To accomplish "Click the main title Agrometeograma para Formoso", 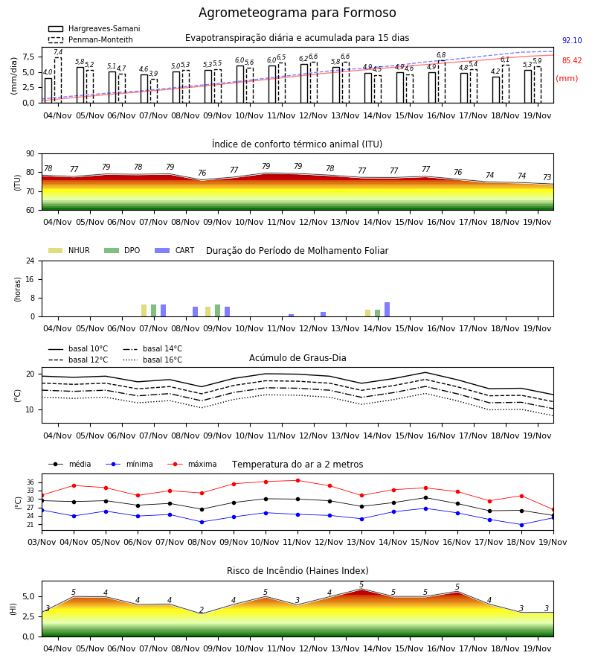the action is click(297, 13).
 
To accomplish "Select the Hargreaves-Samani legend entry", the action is click(94, 28).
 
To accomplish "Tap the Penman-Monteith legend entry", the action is click(91, 39).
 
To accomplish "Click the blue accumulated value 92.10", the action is click(572, 41).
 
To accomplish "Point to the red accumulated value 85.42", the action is click(572, 61).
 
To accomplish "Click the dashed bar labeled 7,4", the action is click(58, 80).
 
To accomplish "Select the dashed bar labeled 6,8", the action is click(441, 82).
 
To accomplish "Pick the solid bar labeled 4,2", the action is click(496, 90).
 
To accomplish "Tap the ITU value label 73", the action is click(547, 177).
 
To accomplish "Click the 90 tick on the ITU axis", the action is click(30, 154).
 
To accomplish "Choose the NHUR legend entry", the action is click(69, 250).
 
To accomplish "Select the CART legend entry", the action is click(175, 250).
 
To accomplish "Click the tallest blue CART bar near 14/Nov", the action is click(387, 310).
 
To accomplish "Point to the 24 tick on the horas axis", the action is click(30, 261).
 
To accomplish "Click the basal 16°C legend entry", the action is click(152, 360).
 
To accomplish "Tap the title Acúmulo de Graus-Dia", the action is click(297, 358).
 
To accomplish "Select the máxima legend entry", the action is click(193, 464).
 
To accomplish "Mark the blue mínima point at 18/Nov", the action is click(521, 525).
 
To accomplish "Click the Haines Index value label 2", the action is click(202, 610).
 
